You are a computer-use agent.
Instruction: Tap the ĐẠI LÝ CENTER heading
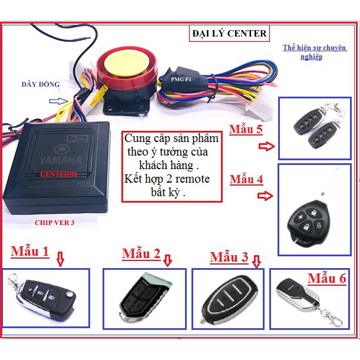[x=229, y=34]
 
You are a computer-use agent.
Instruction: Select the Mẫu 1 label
[x=30, y=251]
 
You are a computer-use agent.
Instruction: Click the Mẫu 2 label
[x=141, y=254]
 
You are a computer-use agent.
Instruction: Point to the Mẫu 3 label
[x=229, y=257]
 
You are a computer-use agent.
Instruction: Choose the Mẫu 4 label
[x=246, y=179]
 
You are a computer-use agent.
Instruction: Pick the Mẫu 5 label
[x=246, y=129]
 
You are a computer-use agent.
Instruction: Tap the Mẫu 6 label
[x=326, y=278]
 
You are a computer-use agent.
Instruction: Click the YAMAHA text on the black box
[x=61, y=160]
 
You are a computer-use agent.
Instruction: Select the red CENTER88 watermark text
[x=58, y=174]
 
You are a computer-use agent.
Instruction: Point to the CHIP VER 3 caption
[x=55, y=223]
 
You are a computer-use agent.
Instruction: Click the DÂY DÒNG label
[x=41, y=84]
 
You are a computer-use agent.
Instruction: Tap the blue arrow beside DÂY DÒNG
[x=59, y=101]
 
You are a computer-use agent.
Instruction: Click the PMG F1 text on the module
[x=181, y=80]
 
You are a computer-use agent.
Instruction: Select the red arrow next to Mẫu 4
[x=265, y=196]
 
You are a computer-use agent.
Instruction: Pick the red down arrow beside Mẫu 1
[x=60, y=259]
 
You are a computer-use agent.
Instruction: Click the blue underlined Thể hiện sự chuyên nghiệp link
[x=314, y=52]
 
